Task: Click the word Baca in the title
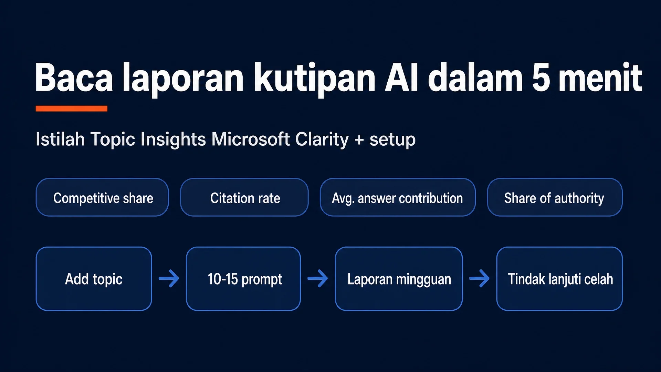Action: pos(74,77)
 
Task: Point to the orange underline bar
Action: pos(72,108)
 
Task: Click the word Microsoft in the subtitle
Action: pos(251,139)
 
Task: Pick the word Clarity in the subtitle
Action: pos(322,140)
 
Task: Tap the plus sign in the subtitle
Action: pos(359,140)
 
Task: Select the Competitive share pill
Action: pos(102,197)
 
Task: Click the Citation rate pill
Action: pos(244,197)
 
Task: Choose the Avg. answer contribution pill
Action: pos(398,197)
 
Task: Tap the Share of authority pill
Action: pos(555,197)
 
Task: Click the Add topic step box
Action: pos(94,279)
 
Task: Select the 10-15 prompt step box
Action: pos(243,279)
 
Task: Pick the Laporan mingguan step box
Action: pos(399,279)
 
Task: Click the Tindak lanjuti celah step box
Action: pos(559,279)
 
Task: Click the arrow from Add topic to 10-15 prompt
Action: pos(169,278)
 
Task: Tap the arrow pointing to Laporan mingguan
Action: pos(317,278)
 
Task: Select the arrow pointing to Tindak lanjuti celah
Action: pos(479,278)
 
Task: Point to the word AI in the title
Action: pos(401,77)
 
